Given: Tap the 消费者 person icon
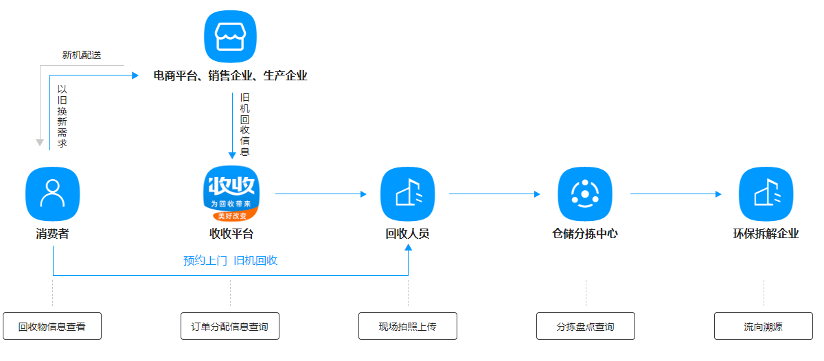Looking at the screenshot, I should point(52,194).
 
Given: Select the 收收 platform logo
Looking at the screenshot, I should point(231,194).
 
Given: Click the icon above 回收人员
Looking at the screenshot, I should point(408,194).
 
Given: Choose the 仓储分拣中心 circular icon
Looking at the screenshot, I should point(585,194).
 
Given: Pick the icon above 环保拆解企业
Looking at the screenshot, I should point(766,194).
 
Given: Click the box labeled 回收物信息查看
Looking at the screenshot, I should point(52,326).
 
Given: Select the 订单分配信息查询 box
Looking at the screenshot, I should point(230,326).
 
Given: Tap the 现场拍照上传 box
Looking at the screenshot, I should point(408,326).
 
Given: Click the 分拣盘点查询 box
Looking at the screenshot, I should point(586,326).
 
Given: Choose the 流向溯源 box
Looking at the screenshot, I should point(763,326).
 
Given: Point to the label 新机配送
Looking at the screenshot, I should point(82,55).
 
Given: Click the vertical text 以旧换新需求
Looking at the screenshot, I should point(62,116).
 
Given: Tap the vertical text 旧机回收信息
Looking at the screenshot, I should point(244,125).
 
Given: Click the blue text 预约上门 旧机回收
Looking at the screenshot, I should point(231,261).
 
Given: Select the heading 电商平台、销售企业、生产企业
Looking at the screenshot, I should point(230,75).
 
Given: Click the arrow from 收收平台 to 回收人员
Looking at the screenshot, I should point(321,194).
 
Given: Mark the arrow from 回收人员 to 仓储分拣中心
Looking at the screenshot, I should point(494,194).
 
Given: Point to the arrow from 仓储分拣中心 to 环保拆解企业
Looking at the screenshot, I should point(676,194).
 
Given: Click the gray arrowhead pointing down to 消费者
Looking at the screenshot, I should point(40,143).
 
